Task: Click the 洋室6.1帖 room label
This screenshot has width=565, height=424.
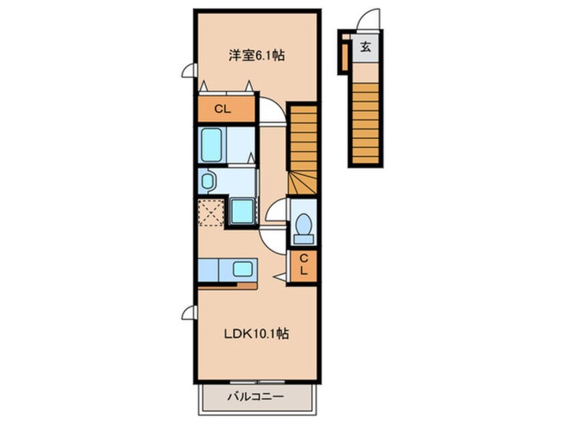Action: click(256, 56)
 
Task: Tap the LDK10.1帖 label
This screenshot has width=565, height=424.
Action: click(256, 334)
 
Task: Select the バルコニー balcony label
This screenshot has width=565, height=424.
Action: click(255, 397)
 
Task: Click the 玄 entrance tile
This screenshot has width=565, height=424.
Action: click(365, 47)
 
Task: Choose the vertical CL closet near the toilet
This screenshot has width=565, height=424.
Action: click(303, 266)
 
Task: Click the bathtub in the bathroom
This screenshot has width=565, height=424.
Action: click(212, 144)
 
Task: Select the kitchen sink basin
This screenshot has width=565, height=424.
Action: click(242, 269)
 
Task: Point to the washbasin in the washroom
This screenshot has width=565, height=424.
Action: click(208, 181)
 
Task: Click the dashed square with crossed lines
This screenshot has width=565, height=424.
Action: click(211, 213)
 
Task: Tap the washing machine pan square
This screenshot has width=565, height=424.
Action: click(242, 211)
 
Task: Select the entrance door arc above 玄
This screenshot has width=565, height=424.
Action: click(367, 19)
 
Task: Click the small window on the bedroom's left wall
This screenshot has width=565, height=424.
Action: click(189, 70)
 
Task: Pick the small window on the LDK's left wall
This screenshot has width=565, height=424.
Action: click(189, 312)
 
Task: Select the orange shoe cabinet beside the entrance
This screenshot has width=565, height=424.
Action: click(345, 57)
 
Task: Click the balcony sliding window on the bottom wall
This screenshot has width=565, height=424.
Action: click(257, 382)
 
